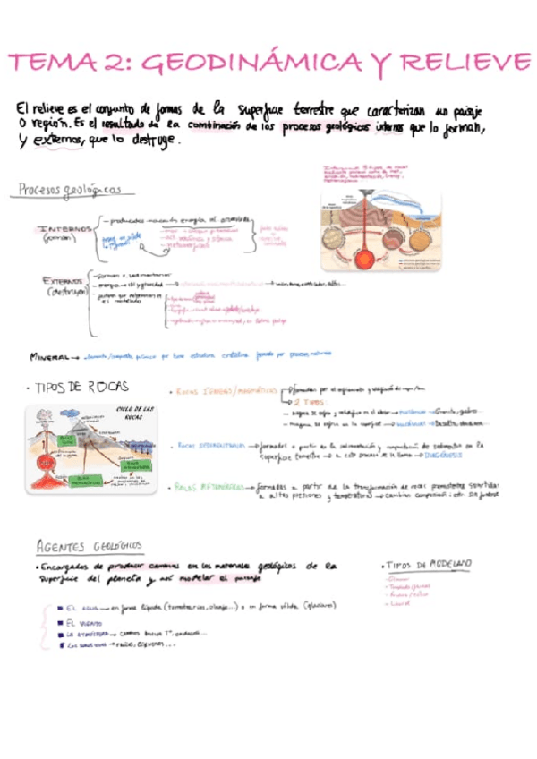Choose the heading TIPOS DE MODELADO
pos(428,565)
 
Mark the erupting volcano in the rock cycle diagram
pos(43,425)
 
